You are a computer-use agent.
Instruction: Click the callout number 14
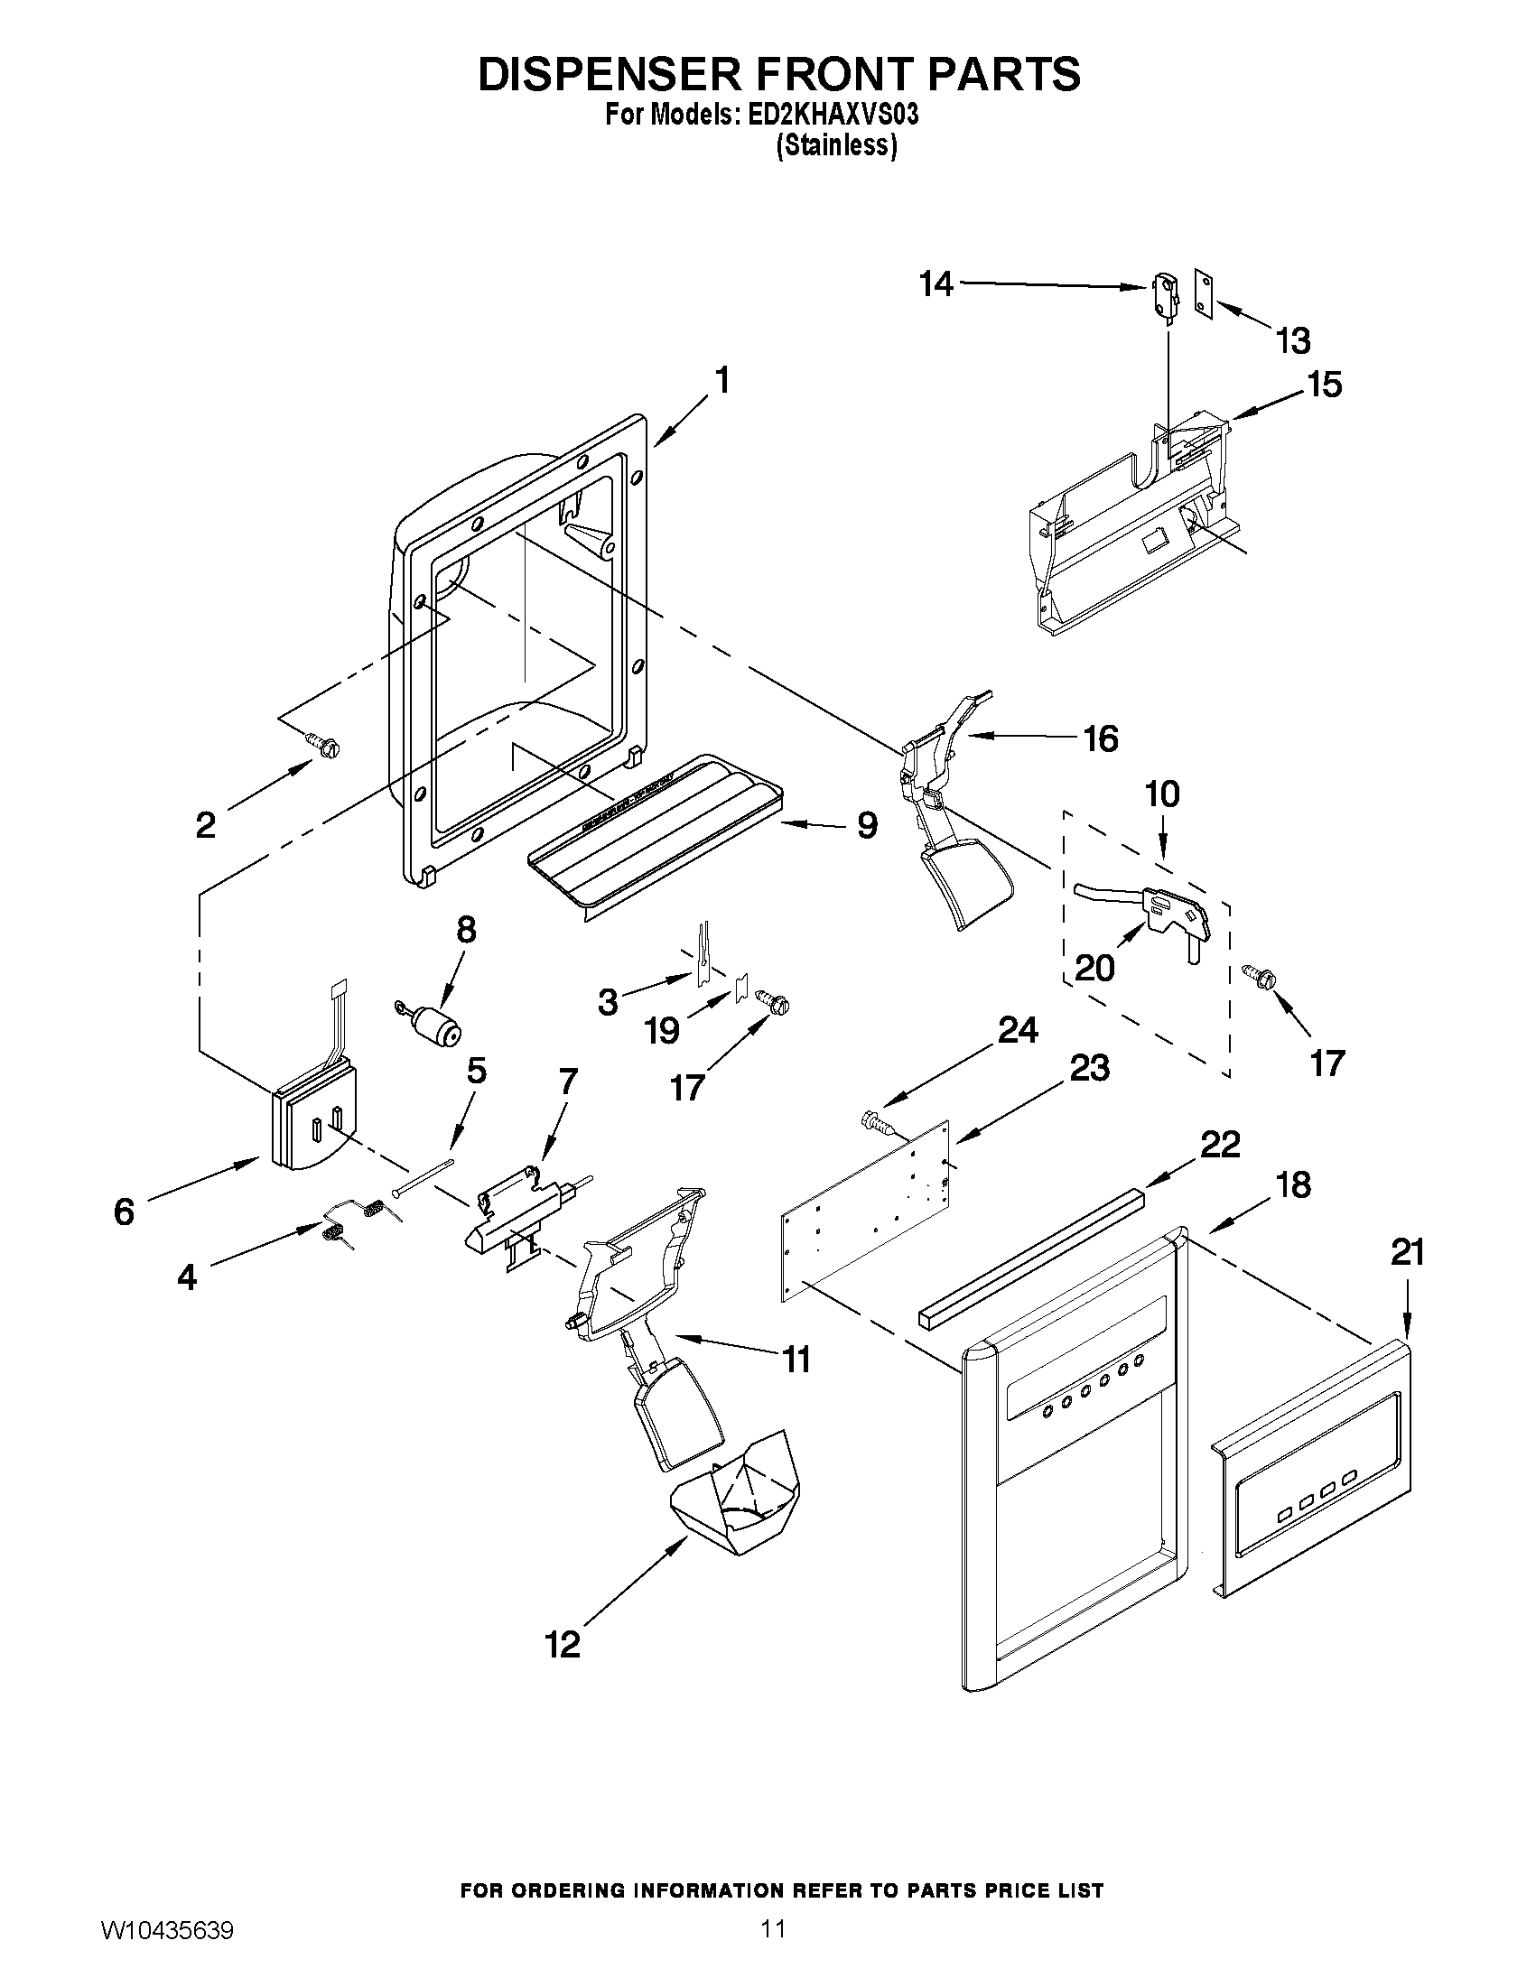click(x=936, y=284)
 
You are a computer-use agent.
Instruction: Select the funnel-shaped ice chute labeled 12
click(x=735, y=1493)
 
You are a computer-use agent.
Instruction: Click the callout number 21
click(x=1407, y=1253)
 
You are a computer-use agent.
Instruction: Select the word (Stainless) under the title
click(x=835, y=145)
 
